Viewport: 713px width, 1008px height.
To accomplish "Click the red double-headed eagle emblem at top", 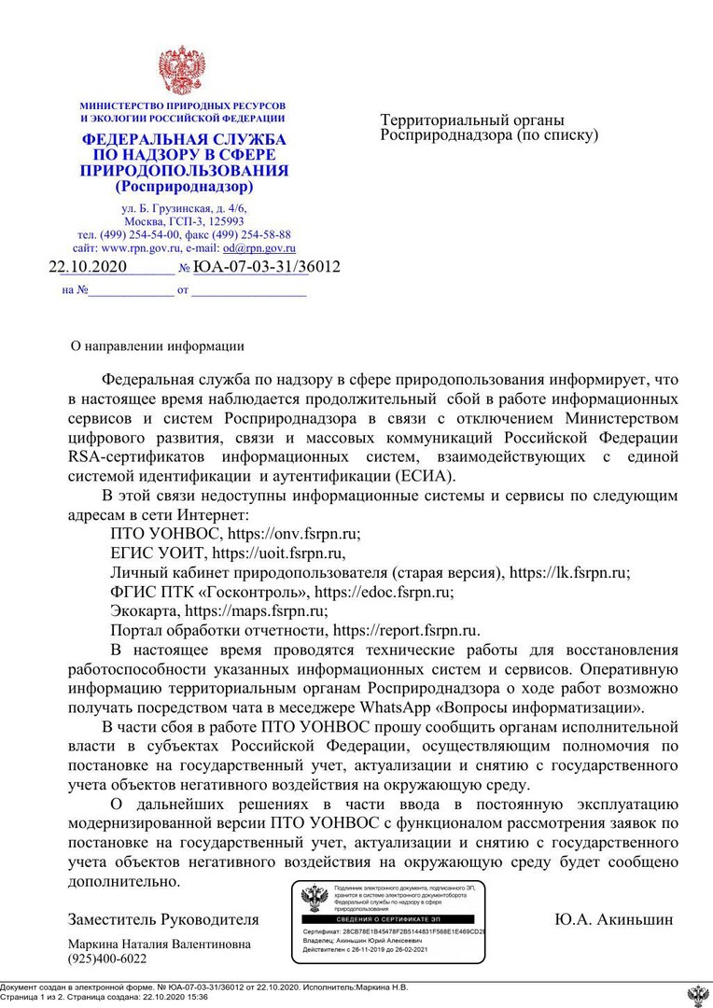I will (181, 69).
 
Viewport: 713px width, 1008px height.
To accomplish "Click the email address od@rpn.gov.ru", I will (259, 248).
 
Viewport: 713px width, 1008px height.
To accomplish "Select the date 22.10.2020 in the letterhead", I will (88, 267).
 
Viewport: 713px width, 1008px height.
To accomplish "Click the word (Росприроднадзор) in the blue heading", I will (184, 187).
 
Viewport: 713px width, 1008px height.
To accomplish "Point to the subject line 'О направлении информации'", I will (158, 346).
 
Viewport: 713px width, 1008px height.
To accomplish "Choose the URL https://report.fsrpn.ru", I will (406, 631).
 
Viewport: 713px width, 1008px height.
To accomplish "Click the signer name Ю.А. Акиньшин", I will (613, 919).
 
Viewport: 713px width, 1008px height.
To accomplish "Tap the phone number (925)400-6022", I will (107, 959).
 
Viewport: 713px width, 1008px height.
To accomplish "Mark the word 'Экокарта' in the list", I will (145, 611).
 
